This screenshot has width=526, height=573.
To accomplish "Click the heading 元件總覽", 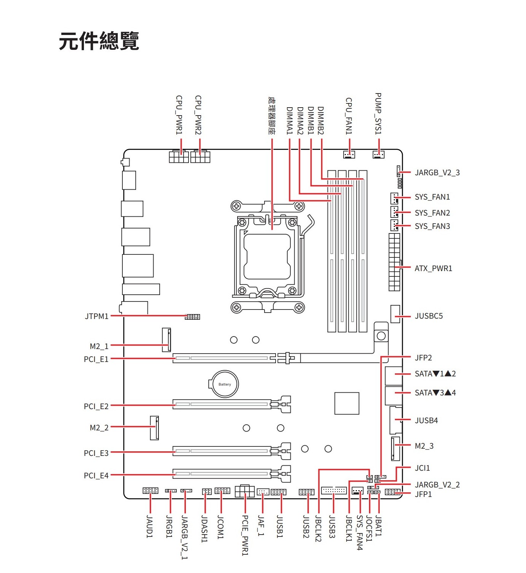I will pyautogui.click(x=99, y=41).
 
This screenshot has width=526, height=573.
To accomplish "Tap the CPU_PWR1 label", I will pyautogui.click(x=179, y=115).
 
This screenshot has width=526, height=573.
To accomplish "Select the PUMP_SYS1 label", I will pyautogui.click(x=378, y=114).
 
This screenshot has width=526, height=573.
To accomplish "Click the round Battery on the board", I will pyautogui.click(x=225, y=384).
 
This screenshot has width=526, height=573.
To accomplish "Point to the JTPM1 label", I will pyautogui.click(x=97, y=316).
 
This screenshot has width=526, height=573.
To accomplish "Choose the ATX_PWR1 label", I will pyautogui.click(x=433, y=268).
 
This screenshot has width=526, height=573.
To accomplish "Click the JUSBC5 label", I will pyautogui.click(x=429, y=316).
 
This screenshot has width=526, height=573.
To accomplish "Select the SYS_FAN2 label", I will pyautogui.click(x=432, y=213).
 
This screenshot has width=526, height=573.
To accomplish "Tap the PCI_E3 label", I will pyautogui.click(x=96, y=453).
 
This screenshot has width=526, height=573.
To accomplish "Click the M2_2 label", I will pyautogui.click(x=99, y=428).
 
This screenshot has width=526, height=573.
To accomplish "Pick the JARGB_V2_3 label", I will pyautogui.click(x=437, y=173).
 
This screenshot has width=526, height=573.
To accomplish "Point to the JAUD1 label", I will pyautogui.click(x=150, y=527).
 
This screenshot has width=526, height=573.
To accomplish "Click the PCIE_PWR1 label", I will pyautogui.click(x=245, y=535).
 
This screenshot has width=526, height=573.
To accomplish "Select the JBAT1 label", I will pyautogui.click(x=378, y=526).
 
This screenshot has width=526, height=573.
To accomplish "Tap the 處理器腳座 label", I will pyautogui.click(x=271, y=116).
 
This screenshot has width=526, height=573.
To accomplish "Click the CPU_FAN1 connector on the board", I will pyautogui.click(x=349, y=155).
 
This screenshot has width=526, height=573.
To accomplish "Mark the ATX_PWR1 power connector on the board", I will pyautogui.click(x=394, y=262).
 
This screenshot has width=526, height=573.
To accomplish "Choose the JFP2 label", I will pyautogui.click(x=423, y=358).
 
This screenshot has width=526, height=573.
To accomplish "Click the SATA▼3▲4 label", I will pyautogui.click(x=435, y=393).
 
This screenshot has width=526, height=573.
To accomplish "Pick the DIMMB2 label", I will pyautogui.click(x=321, y=121).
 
